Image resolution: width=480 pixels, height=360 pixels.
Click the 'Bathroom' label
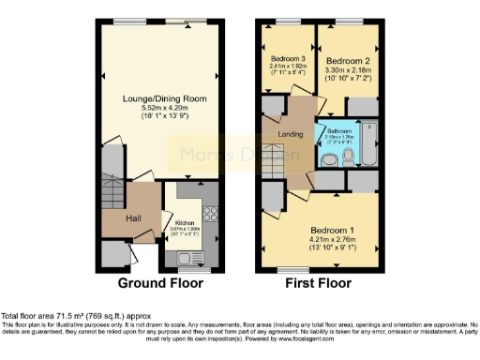click(338, 131)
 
